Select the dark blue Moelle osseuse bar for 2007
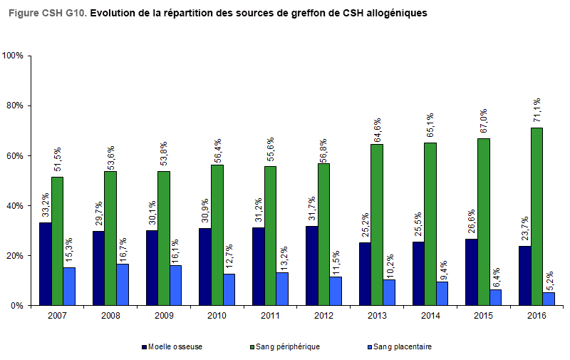(45, 264)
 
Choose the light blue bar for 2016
(549, 299)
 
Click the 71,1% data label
(537, 111)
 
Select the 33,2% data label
(45, 206)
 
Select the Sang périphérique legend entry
(285, 347)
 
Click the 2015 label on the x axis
(484, 315)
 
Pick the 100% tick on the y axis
(13, 56)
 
